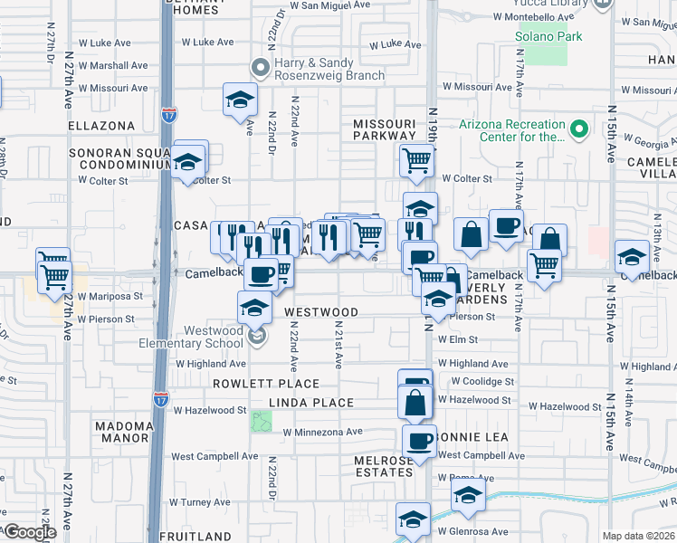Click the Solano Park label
coord(548,36)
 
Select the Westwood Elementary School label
coord(191,337)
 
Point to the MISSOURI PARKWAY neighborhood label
coord(385,131)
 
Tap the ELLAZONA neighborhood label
coord(100,126)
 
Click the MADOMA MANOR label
coord(123,432)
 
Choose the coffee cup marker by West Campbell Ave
coord(419,441)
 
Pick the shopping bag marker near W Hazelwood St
coord(415,401)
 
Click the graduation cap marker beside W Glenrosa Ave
coord(413,519)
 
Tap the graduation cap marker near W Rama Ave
coord(468,494)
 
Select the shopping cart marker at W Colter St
coord(416,161)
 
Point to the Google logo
coord(29,532)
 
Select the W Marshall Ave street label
coord(112,65)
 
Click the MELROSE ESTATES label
coord(384,466)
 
